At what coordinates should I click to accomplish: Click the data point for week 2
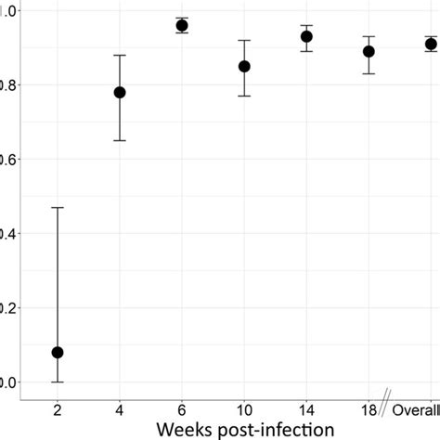tap(58, 352)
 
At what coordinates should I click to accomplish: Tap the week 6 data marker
tap(182, 25)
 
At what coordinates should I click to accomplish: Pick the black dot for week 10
tap(244, 66)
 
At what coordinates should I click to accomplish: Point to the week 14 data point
tap(306, 36)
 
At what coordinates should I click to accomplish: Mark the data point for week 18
tap(369, 51)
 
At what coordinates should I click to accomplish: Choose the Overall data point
tap(431, 44)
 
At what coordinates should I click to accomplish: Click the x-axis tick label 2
tap(58, 409)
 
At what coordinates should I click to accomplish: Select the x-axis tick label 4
tap(120, 409)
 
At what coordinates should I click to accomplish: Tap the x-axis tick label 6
tap(182, 409)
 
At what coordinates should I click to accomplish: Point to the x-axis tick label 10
tap(244, 409)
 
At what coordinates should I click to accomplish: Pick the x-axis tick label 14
tap(306, 409)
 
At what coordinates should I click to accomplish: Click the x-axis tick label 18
tap(368, 409)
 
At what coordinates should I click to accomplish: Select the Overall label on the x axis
tap(416, 409)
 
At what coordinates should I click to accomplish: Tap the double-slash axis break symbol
tap(384, 398)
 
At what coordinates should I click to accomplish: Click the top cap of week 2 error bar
tap(58, 207)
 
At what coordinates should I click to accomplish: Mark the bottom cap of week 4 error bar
tap(120, 140)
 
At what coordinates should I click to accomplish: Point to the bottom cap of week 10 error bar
tap(244, 96)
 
